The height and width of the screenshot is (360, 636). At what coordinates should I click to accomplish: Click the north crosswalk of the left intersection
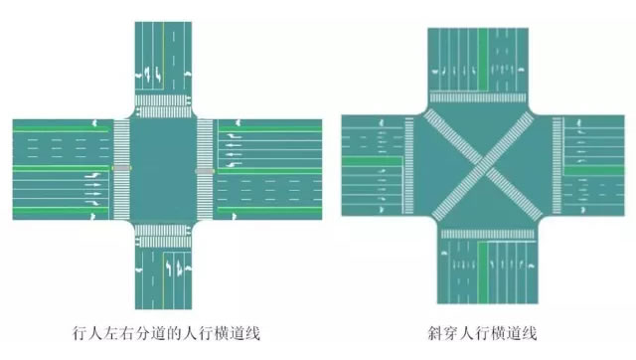click(165, 102)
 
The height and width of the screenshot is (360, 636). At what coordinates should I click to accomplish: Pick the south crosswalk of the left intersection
click(165, 235)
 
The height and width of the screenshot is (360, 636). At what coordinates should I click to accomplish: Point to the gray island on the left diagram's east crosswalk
click(206, 170)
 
